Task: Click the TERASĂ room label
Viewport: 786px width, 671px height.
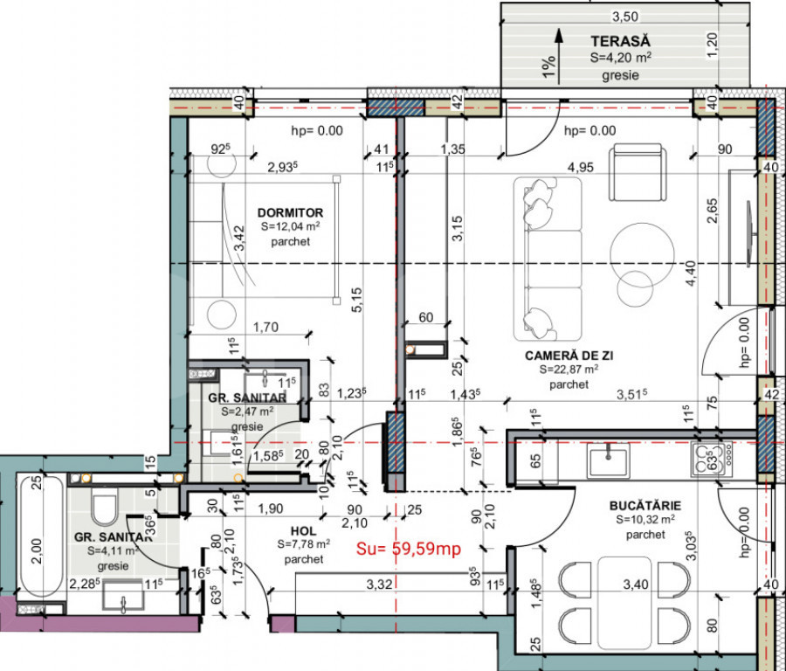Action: click(620, 40)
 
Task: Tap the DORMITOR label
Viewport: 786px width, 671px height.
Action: click(290, 212)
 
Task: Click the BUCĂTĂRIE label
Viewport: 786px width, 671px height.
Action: click(645, 505)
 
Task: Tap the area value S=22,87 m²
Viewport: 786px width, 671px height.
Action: click(568, 370)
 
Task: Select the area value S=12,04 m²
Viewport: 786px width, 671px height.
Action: click(290, 227)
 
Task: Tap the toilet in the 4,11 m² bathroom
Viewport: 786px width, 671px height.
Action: click(107, 507)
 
